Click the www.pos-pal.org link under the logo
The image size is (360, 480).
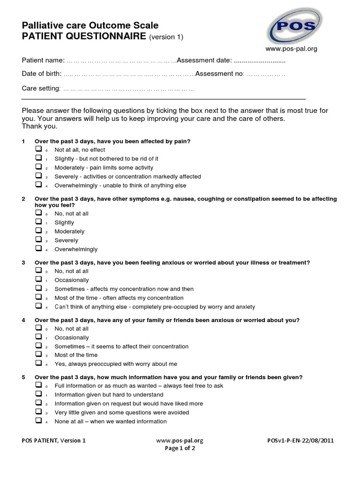[x=291, y=48]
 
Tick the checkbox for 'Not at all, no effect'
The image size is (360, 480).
[x=38, y=149]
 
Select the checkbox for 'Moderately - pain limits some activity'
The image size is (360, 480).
[x=38, y=167]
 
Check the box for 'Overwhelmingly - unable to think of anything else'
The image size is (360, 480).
[x=38, y=185]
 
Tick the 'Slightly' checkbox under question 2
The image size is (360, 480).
[x=38, y=222]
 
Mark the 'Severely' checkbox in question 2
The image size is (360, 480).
[x=38, y=240]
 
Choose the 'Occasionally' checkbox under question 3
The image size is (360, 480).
[x=38, y=279]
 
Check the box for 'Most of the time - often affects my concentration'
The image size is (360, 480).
[x=38, y=297]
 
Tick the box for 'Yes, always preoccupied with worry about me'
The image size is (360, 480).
[x=38, y=363]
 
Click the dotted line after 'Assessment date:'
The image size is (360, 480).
[x=260, y=61]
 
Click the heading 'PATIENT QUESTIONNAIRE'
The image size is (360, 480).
[x=84, y=37]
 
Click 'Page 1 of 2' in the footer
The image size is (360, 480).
[x=180, y=448]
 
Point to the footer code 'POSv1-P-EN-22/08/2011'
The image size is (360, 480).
[x=300, y=441]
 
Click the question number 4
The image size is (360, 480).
[x=23, y=320]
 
